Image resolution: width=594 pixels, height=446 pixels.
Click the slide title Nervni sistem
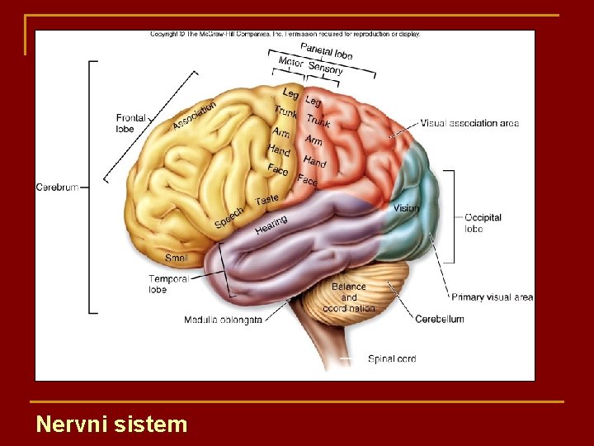111,425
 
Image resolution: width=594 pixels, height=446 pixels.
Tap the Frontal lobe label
130,123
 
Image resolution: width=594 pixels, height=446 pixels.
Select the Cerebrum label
57,187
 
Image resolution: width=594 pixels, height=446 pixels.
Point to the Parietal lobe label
327,51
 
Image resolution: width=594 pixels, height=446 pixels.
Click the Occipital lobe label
483,223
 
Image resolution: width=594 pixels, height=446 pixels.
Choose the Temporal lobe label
168,284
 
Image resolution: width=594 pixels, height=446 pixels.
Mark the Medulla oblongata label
223,320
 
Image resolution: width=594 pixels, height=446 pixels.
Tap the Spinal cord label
392,359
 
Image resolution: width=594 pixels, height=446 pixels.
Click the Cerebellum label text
439,319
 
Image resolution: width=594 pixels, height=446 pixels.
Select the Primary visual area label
492,297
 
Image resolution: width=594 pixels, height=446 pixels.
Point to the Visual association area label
469,123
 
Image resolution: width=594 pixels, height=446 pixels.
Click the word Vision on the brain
406,208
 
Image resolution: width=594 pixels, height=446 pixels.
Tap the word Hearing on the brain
271,224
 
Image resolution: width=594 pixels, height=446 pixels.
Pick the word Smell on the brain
177,258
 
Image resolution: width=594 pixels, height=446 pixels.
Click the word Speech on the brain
229,217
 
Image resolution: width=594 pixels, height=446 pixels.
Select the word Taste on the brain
267,200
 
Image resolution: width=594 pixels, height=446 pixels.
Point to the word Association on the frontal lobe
195,115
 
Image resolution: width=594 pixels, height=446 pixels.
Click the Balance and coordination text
349,297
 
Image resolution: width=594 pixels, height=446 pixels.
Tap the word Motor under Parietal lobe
290,63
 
